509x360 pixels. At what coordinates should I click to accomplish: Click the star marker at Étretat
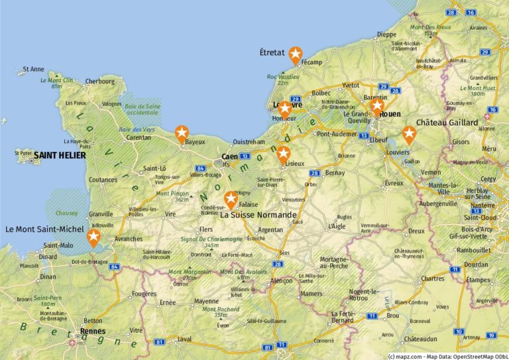(294, 54)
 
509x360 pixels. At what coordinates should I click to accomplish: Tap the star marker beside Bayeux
(181, 133)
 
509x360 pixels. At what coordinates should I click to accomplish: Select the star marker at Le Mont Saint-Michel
(94, 237)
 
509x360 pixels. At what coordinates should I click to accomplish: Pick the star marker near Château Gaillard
(409, 135)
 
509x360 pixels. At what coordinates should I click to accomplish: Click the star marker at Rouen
(377, 106)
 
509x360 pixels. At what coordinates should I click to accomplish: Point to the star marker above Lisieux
(284, 154)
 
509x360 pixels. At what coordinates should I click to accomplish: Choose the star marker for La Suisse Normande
(231, 198)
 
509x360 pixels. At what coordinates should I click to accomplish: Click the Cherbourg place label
(100, 82)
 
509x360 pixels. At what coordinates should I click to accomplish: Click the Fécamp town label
(311, 62)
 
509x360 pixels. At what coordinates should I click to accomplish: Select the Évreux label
(394, 183)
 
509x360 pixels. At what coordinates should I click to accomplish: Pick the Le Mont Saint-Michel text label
(44, 229)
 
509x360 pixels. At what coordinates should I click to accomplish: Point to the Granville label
(101, 214)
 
